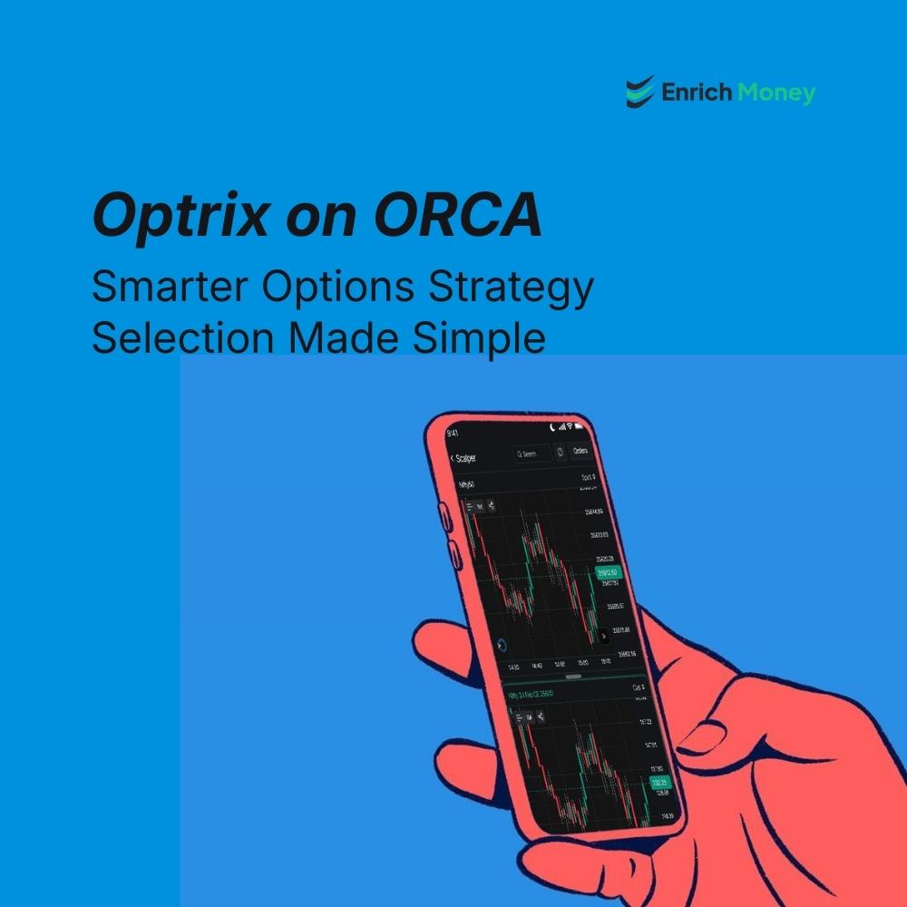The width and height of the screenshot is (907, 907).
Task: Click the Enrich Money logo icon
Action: pyautogui.click(x=640, y=92)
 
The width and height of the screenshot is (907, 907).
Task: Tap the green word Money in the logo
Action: pyautogui.click(x=776, y=93)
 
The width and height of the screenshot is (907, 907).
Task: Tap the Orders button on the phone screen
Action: pyautogui.click(x=580, y=451)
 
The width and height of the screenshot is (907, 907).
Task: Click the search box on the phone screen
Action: pyautogui.click(x=531, y=453)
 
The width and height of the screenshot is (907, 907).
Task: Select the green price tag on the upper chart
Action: pyautogui.click(x=606, y=573)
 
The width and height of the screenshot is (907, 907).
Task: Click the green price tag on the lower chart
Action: pyautogui.click(x=660, y=782)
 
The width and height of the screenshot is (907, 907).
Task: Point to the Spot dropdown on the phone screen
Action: pyautogui.click(x=590, y=477)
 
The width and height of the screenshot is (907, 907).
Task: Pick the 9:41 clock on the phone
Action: pyautogui.click(x=453, y=434)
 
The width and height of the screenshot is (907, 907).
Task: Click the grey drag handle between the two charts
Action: pyautogui.click(x=573, y=677)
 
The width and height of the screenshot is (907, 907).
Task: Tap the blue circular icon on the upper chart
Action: pyautogui.click(x=502, y=645)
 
